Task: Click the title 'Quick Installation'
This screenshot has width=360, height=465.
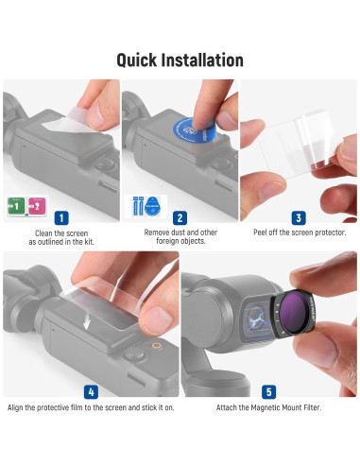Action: [x=180, y=60]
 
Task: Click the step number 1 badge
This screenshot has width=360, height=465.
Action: [x=61, y=216]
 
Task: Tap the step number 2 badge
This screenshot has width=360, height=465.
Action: [x=180, y=216]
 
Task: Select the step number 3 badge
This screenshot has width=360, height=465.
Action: [x=299, y=216]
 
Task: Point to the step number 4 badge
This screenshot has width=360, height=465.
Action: [x=90, y=389]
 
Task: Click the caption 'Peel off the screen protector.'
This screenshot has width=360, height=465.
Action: [x=298, y=232]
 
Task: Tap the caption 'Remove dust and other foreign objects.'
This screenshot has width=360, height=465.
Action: [x=180, y=237]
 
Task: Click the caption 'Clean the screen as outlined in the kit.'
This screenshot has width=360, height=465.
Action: [x=61, y=237]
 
